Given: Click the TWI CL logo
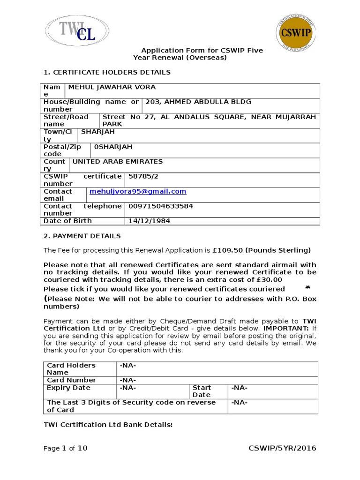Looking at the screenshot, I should tap(78, 30).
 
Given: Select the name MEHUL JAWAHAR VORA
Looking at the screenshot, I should tap(112, 87).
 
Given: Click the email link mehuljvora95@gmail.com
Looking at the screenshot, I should tap(138, 191).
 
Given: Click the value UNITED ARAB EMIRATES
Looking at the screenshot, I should tap(118, 162).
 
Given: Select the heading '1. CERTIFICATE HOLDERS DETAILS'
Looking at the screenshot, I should tap(107, 72).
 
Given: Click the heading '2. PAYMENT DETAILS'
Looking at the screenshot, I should tap(82, 236).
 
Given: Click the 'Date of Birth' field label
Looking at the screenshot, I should tap(67, 221).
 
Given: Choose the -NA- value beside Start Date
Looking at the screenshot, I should tap(239, 388).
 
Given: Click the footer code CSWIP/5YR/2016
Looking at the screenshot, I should tap(282, 449).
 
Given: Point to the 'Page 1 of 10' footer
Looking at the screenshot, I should tap(65, 449).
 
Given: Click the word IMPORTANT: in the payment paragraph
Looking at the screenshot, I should tap(286, 329).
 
